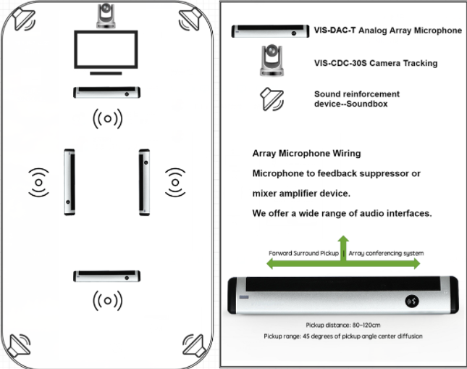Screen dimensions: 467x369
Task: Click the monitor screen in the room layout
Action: tap(106, 49)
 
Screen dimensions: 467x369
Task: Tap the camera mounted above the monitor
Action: tap(106, 15)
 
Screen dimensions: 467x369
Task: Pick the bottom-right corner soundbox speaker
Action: tap(194, 345)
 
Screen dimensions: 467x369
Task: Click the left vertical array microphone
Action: tap(70, 182)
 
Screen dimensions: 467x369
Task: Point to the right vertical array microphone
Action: tap(144, 182)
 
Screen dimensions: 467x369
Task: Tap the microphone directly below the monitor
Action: tap(106, 92)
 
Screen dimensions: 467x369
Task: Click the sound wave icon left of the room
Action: tap(38, 182)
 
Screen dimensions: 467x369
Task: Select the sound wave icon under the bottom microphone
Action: tap(107, 301)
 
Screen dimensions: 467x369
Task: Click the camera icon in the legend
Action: tap(272, 60)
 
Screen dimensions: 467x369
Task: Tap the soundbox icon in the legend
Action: tap(272, 99)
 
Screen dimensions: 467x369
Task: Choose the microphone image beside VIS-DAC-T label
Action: tap(270, 31)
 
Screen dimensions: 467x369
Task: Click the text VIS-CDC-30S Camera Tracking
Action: tap(376, 63)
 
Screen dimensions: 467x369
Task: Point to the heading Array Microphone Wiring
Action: tap(306, 154)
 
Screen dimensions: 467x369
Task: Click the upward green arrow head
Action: tap(343, 239)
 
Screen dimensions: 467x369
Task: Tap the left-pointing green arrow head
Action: tap(269, 264)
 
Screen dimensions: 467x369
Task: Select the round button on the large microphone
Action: tap(412, 302)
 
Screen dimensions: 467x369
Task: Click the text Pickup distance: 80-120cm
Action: tap(343, 326)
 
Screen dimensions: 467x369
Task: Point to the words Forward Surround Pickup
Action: tap(303, 253)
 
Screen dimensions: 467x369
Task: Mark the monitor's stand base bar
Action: tap(106, 73)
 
